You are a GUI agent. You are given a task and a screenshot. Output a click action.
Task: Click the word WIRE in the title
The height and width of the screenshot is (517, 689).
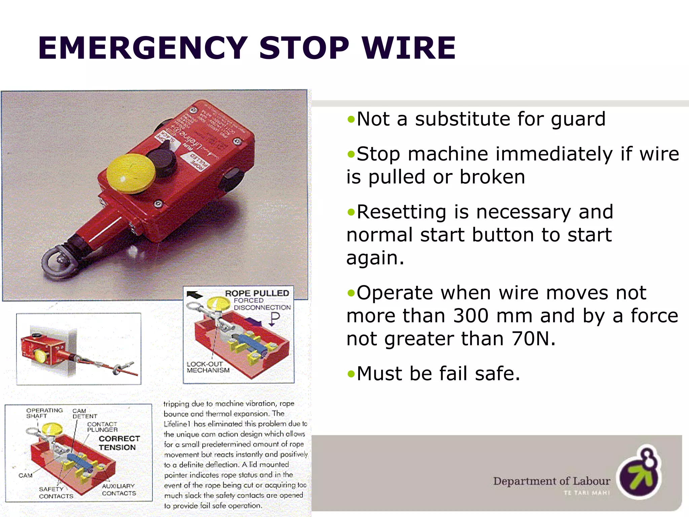click(x=408, y=48)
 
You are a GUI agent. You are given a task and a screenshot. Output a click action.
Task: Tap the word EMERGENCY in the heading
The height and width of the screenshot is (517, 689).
click(x=143, y=48)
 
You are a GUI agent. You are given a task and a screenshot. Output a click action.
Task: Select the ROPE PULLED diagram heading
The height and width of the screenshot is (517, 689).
click(x=257, y=293)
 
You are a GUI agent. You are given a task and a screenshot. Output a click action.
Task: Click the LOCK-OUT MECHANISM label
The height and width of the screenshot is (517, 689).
click(x=208, y=367)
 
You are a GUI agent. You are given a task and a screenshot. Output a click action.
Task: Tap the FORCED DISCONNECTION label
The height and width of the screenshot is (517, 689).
click(x=262, y=304)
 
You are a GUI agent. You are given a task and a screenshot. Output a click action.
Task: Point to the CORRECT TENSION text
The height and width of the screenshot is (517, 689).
click(x=119, y=443)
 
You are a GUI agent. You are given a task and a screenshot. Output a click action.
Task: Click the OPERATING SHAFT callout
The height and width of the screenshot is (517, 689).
click(x=44, y=413)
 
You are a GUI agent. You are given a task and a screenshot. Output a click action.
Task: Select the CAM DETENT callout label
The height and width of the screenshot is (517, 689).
click(x=84, y=413)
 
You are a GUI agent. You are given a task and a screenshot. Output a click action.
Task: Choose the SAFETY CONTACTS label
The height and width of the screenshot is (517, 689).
click(x=56, y=492)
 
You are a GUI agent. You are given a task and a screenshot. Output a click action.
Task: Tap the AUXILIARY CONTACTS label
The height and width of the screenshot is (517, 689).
click(x=119, y=489)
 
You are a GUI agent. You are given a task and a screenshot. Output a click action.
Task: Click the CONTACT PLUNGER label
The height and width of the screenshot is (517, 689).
click(x=102, y=427)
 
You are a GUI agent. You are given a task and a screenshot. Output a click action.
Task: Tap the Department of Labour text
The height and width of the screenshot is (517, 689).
click(x=551, y=481)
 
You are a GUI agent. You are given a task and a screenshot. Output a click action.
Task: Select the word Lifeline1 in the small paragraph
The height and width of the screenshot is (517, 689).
click(x=177, y=424)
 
